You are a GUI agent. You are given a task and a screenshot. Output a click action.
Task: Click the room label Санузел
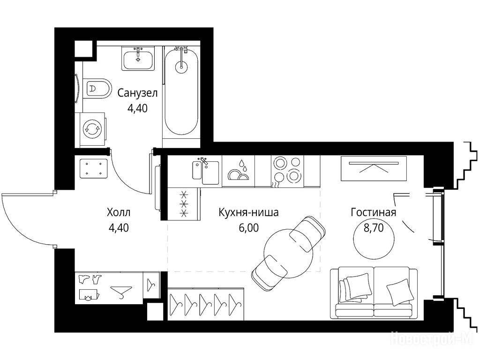coord(137,93)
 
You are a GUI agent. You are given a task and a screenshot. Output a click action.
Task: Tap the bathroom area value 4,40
coord(137,108)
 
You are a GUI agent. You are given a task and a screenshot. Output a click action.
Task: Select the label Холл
coord(119,212)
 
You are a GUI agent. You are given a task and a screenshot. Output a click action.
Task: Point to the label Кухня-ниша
coord(249,212)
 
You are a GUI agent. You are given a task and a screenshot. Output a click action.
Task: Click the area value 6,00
coord(249,228)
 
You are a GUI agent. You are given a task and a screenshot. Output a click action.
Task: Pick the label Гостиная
coord(373,212)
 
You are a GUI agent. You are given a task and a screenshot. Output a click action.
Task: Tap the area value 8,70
coord(373,228)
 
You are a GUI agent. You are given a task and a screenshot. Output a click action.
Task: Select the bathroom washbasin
coord(138,59)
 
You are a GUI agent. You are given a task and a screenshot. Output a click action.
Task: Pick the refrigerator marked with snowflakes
coord(184,203)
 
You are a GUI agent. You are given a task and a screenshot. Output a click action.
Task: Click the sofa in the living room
coord(374,293)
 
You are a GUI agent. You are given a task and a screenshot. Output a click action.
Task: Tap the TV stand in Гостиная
coord(374,168)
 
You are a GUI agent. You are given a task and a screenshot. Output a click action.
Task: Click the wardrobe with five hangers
coord(206,304)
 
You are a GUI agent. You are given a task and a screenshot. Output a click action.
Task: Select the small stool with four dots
coord(93,168)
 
